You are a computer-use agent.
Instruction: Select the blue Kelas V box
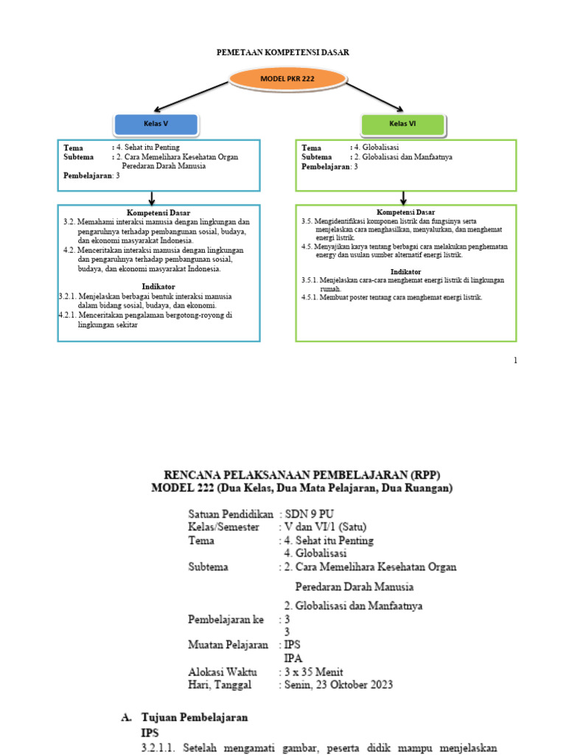click(156, 124)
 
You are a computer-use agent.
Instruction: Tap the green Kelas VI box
click(403, 124)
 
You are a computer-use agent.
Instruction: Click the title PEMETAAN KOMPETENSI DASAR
click(282, 53)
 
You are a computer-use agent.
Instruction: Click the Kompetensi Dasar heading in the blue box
click(158, 213)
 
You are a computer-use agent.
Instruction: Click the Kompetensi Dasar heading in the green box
click(405, 212)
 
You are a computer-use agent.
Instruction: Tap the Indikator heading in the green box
click(405, 272)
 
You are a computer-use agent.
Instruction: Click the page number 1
click(515, 360)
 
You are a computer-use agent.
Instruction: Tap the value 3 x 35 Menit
click(315, 671)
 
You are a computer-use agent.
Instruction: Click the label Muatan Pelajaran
click(228, 644)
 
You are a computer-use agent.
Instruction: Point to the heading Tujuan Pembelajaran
click(195, 717)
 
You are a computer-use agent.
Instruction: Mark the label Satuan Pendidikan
click(231, 513)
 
